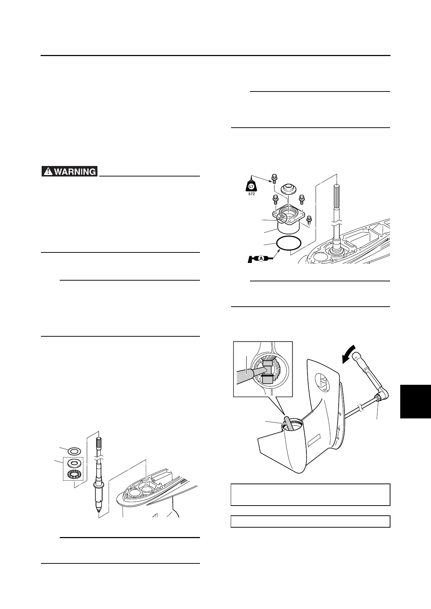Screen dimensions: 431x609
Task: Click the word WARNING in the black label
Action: [x=75, y=171]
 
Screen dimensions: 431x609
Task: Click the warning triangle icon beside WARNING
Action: [x=48, y=171]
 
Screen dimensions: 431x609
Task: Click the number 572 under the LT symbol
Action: [x=251, y=194]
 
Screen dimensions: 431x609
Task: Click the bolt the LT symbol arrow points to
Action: [x=274, y=179]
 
